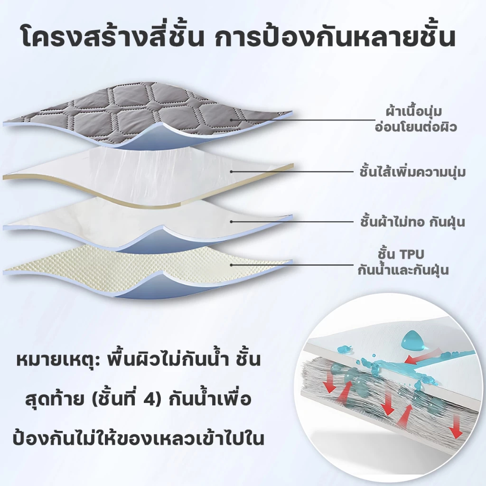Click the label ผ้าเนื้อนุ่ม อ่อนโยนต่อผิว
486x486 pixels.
click(416, 119)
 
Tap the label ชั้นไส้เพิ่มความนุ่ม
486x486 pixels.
click(413, 172)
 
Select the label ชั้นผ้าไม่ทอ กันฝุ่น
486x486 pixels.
click(412, 222)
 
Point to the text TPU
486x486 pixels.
click(411, 254)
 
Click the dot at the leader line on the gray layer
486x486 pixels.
click(231, 120)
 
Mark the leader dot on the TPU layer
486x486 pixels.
click(231, 265)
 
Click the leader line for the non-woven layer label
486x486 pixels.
click(293, 222)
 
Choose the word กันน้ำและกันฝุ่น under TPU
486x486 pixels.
click(403, 269)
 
